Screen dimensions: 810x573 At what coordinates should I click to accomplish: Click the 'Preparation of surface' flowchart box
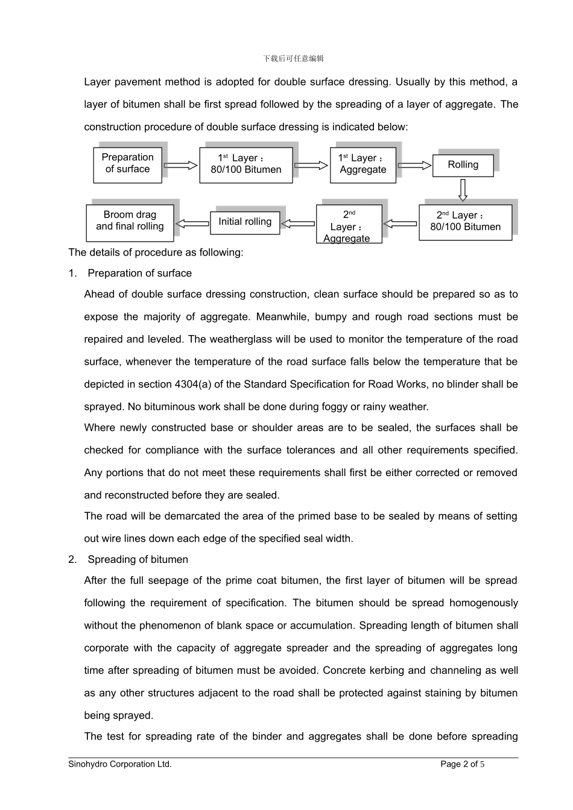pyautogui.click(x=128, y=164)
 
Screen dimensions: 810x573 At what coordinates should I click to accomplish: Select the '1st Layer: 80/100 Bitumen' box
pyautogui.click(x=246, y=165)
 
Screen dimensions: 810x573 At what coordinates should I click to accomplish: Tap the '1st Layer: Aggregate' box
pyautogui.click(x=363, y=165)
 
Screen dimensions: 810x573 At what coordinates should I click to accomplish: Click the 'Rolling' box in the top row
pyautogui.click(x=463, y=165)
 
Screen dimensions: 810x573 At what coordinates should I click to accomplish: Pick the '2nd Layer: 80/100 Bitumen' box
pyautogui.click(x=465, y=222)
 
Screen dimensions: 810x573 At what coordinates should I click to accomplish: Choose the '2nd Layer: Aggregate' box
pyautogui.click(x=349, y=224)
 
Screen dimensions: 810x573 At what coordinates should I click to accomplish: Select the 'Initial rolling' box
pyautogui.click(x=245, y=222)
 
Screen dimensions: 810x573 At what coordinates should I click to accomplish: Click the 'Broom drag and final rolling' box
pyautogui.click(x=130, y=222)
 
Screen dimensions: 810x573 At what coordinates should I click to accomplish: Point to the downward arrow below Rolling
pyautogui.click(x=463, y=190)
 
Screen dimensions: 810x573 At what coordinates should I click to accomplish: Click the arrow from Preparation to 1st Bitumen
pyautogui.click(x=180, y=165)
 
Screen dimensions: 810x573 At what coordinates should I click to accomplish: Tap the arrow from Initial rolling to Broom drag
pyautogui.click(x=192, y=224)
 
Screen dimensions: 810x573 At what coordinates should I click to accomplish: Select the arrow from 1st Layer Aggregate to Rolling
pyautogui.click(x=414, y=165)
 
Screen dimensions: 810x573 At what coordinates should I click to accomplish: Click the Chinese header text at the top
pyautogui.click(x=294, y=58)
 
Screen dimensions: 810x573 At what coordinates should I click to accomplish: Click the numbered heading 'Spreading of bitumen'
pyautogui.click(x=138, y=559)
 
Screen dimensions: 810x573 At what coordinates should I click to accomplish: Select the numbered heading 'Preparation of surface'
pyautogui.click(x=139, y=273)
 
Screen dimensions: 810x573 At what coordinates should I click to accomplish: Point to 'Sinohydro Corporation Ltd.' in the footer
pyautogui.click(x=120, y=764)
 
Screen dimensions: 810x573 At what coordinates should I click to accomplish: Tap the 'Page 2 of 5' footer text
pyautogui.click(x=463, y=764)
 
